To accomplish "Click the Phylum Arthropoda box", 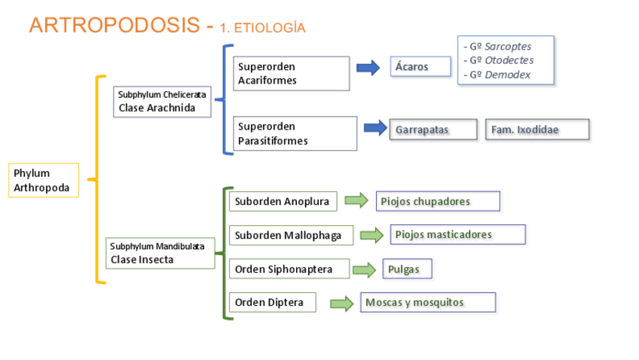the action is [x=44, y=181].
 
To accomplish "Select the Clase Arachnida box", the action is [x=162, y=102].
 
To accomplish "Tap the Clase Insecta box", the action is [x=161, y=253].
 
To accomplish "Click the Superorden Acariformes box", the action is [x=292, y=74].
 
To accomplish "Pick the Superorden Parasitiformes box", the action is [x=295, y=133].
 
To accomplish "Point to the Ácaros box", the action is [x=420, y=66].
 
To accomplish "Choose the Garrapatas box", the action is [x=433, y=130].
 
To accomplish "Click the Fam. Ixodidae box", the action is [x=537, y=130].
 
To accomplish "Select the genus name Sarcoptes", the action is [x=508, y=47].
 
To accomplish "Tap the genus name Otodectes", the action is [x=509, y=60].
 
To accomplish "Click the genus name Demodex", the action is [x=507, y=75].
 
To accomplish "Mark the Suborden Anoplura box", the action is [x=283, y=201].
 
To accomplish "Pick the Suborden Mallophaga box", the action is [x=292, y=236].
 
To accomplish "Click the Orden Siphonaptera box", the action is [x=289, y=269].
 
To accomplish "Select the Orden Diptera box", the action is [x=273, y=302].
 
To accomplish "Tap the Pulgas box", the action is [x=407, y=269].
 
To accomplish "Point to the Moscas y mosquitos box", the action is [x=428, y=302].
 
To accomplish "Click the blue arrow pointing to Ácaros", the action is [x=368, y=68].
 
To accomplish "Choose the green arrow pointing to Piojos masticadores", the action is [x=371, y=236].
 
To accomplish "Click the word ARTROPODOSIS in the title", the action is [x=115, y=26].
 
